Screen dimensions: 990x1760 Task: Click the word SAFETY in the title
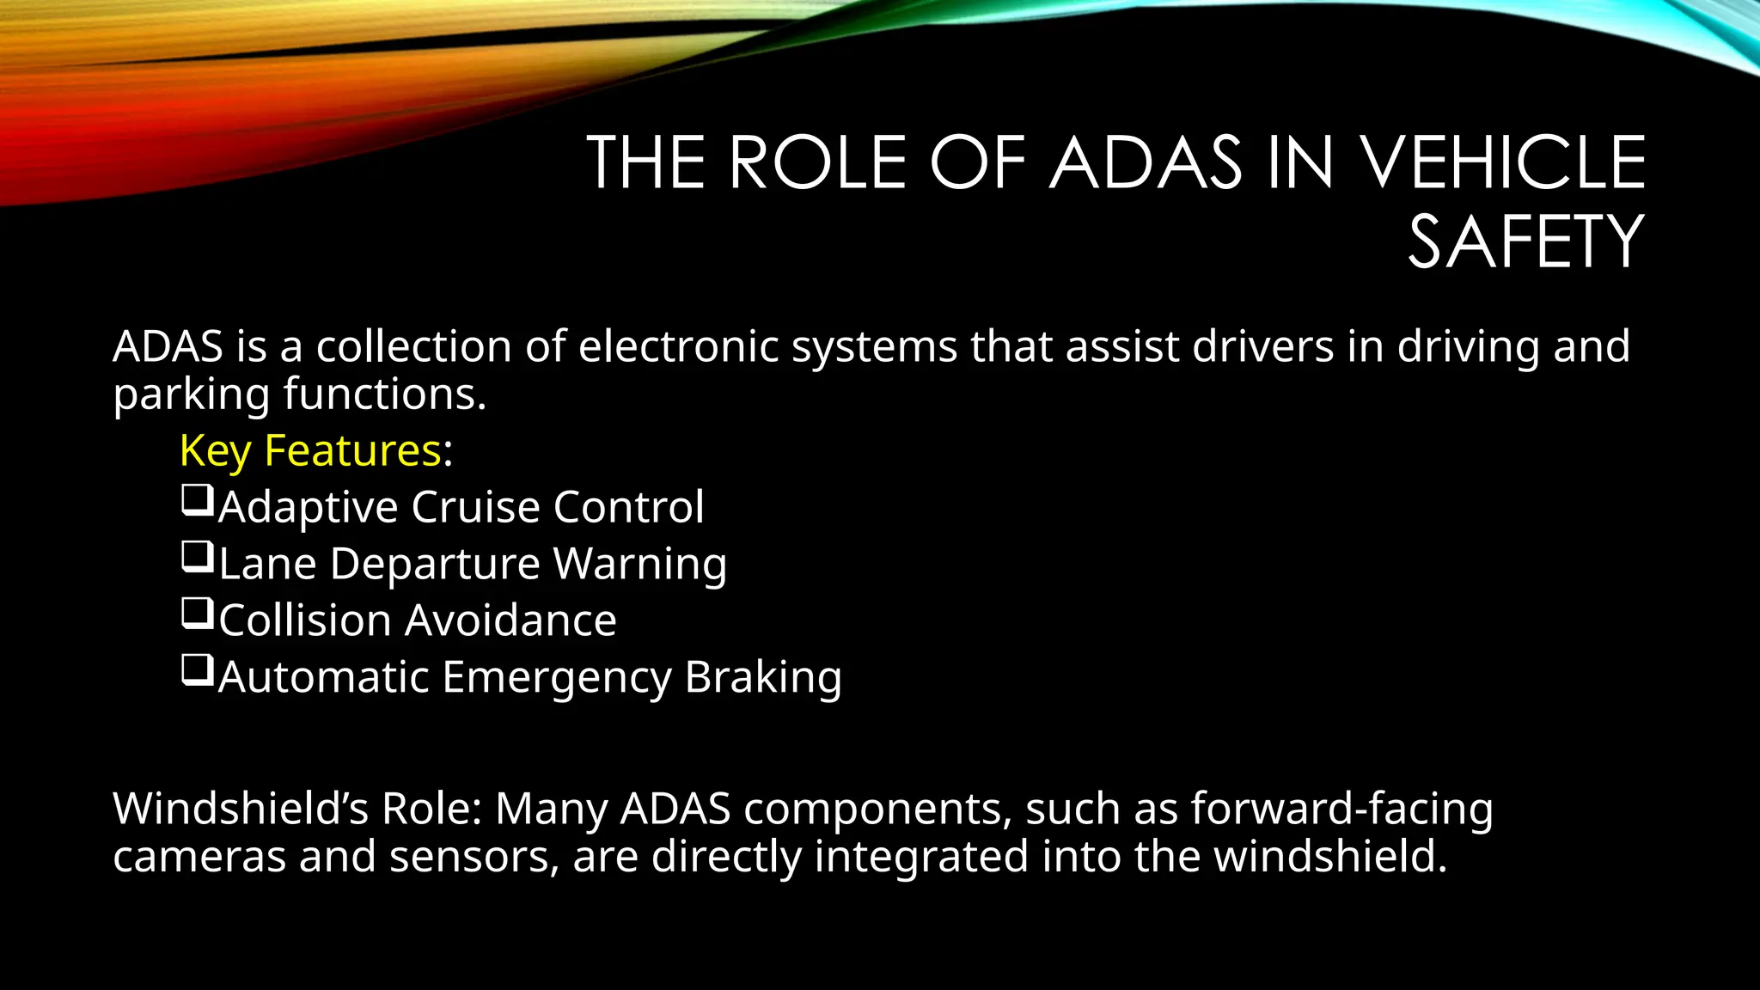(x=1525, y=242)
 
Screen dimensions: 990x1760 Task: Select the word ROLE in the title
(x=818, y=162)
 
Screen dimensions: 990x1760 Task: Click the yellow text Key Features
(x=310, y=450)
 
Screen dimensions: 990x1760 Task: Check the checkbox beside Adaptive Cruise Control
(x=197, y=500)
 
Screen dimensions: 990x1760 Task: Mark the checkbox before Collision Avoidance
(x=197, y=614)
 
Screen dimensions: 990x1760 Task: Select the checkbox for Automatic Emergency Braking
(x=197, y=670)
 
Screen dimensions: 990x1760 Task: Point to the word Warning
(x=640, y=565)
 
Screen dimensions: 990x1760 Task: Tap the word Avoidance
(x=510, y=620)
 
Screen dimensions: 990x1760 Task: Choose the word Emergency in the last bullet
(x=557, y=677)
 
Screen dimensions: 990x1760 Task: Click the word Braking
(x=763, y=677)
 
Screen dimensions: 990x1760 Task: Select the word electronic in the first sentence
(x=678, y=346)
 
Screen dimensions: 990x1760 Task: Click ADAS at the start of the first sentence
(x=168, y=346)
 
